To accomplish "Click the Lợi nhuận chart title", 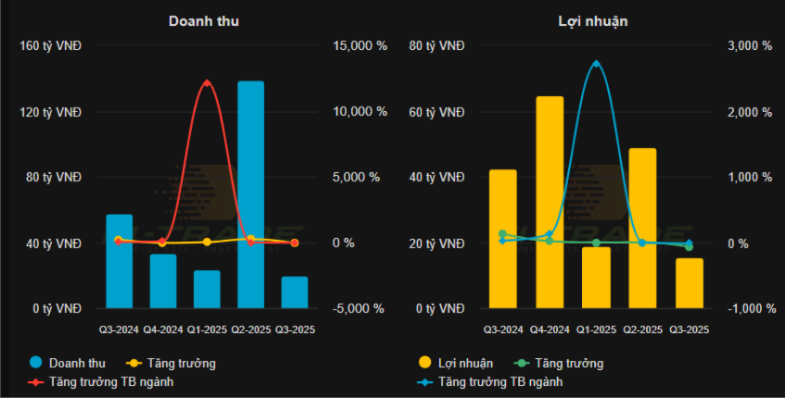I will (593, 21).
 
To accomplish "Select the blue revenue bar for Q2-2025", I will (250, 194).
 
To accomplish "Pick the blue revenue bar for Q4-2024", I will (163, 280).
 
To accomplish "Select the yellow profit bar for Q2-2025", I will (642, 228).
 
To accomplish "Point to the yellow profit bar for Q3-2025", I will (689, 282).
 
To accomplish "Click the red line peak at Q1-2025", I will (207, 83).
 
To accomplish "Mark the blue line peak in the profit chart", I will (596, 64).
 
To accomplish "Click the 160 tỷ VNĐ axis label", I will (51, 45).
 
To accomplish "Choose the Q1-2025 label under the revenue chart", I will (207, 329).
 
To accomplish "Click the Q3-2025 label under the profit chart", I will (689, 329).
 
